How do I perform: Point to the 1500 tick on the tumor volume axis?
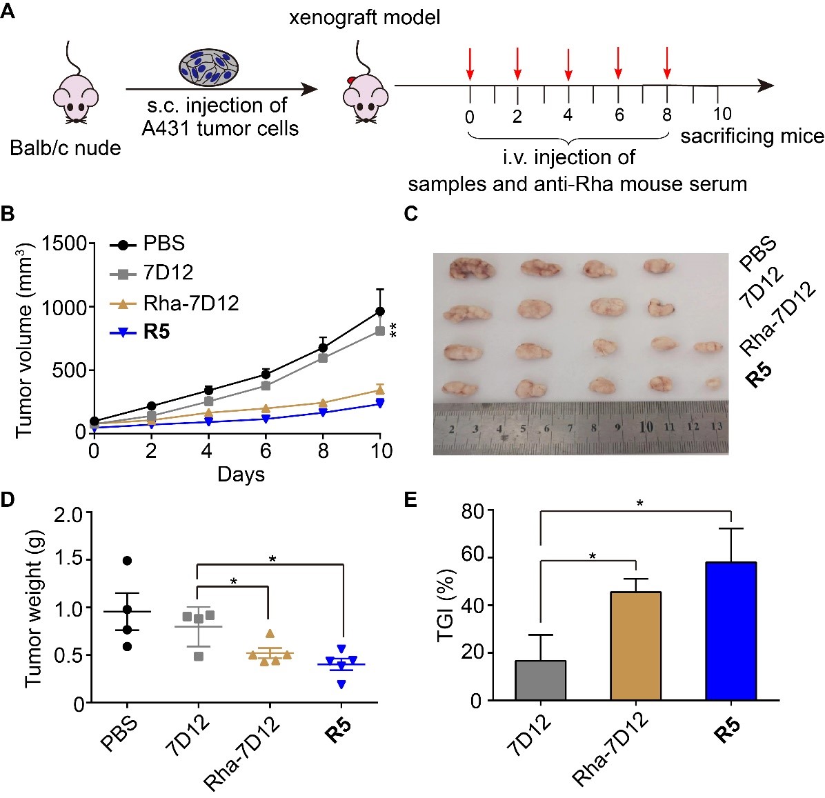[67, 243]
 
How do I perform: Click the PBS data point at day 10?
[379, 311]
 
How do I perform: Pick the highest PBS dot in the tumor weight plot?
[126, 560]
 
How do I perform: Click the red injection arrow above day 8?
[666, 63]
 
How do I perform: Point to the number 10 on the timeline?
[722, 114]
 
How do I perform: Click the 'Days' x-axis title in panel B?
[241, 475]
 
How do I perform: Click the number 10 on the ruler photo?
[646, 427]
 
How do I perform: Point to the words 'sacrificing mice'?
[752, 136]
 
